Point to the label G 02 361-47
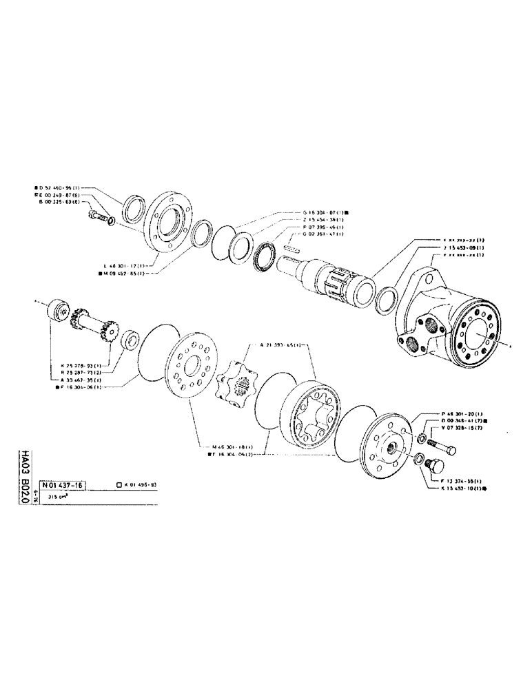tap(324, 234)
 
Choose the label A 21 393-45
tap(283, 344)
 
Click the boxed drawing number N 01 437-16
tap(60, 485)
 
